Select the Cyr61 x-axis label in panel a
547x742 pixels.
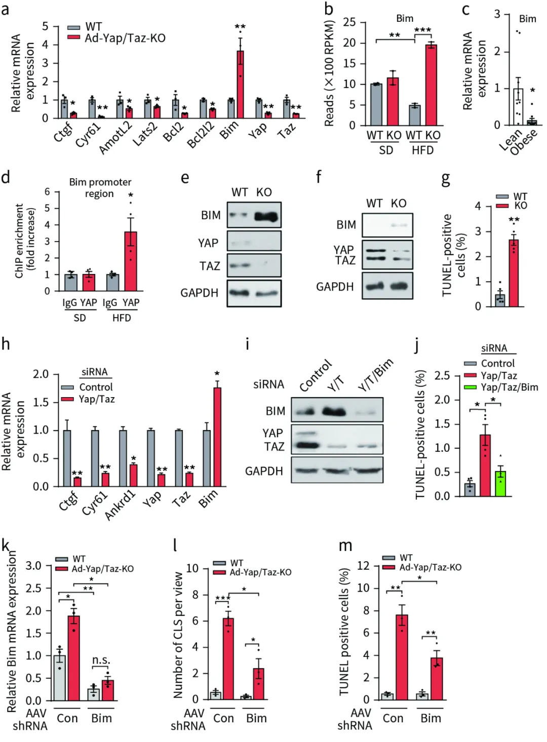pyautogui.click(x=88, y=135)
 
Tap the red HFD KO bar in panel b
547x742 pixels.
pyautogui.click(x=431, y=85)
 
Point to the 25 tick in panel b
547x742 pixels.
pyautogui.click(x=349, y=22)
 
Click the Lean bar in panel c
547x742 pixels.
pyautogui.click(x=518, y=107)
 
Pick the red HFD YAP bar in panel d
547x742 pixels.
pyautogui.click(x=131, y=261)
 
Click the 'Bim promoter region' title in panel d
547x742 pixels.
pyautogui.click(x=100, y=187)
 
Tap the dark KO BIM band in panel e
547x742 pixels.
pyautogui.click(x=267, y=217)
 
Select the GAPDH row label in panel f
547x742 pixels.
pyautogui.click(x=335, y=287)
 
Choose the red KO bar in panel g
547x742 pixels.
pyautogui.click(x=514, y=273)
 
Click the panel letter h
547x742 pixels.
pyautogui.click(x=6, y=344)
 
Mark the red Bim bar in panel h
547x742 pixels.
pyautogui.click(x=217, y=437)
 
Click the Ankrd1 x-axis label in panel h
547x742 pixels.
pyautogui.click(x=121, y=505)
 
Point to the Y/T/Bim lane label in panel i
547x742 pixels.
pyautogui.click(x=375, y=375)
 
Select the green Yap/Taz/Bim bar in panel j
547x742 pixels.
pyautogui.click(x=500, y=483)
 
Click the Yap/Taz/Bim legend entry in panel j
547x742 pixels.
pyautogui.click(x=509, y=387)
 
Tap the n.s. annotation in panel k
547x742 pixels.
pyautogui.click(x=101, y=660)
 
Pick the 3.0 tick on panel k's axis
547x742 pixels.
pyautogui.click(x=33, y=566)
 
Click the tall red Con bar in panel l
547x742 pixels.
pyautogui.click(x=228, y=658)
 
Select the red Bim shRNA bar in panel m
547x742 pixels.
pyautogui.click(x=437, y=678)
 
